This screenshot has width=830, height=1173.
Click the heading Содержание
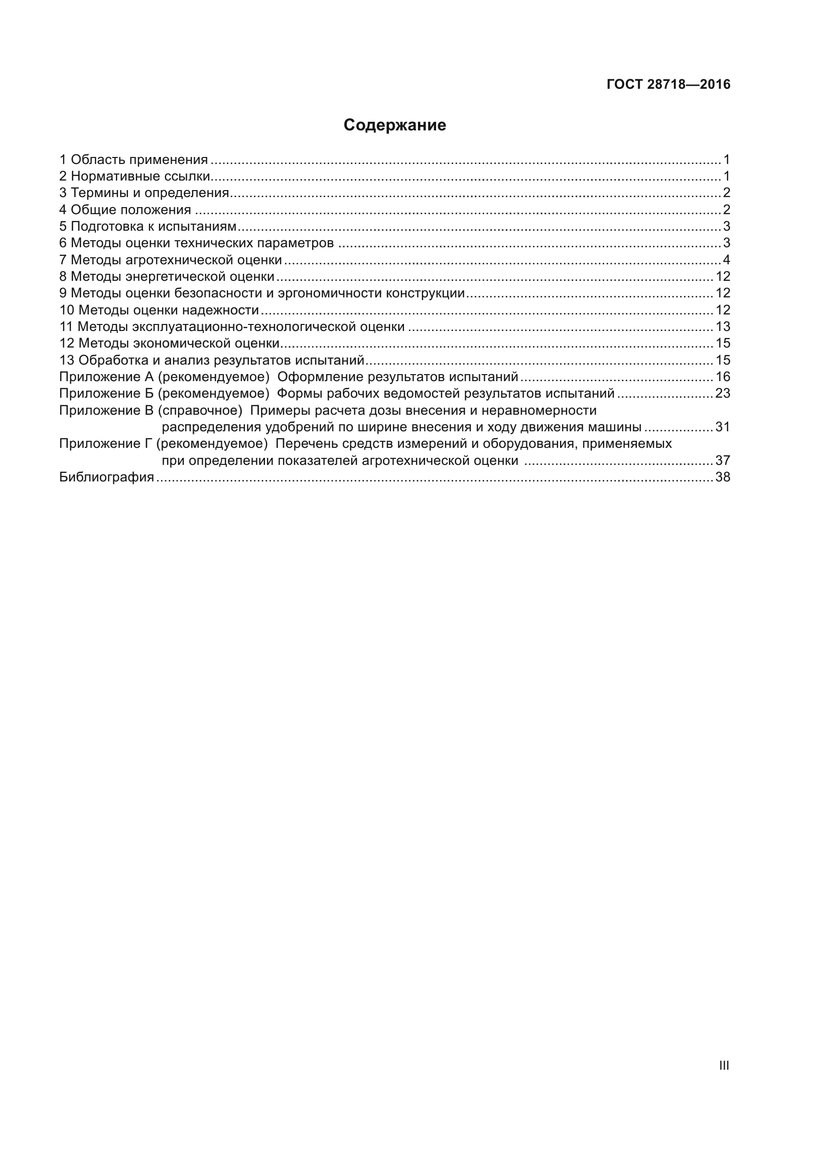tap(394, 125)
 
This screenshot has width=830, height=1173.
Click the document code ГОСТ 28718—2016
tap(668, 84)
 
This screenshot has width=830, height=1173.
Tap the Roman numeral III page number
tap(724, 1065)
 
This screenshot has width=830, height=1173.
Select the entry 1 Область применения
tap(133, 160)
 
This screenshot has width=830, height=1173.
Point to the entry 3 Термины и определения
tap(144, 193)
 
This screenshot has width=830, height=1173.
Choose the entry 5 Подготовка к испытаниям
tap(148, 226)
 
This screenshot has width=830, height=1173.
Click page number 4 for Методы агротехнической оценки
tap(726, 260)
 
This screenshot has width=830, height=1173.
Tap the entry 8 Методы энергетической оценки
tap(167, 276)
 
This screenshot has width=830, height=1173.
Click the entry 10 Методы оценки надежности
tap(159, 310)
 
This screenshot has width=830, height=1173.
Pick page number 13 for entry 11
tap(723, 326)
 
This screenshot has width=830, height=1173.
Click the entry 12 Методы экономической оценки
tap(169, 344)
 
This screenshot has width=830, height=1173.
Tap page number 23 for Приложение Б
tap(723, 393)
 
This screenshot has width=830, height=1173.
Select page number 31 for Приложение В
tap(723, 427)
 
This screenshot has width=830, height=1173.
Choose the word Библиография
tap(106, 477)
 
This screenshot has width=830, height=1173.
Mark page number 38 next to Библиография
tap(723, 477)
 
